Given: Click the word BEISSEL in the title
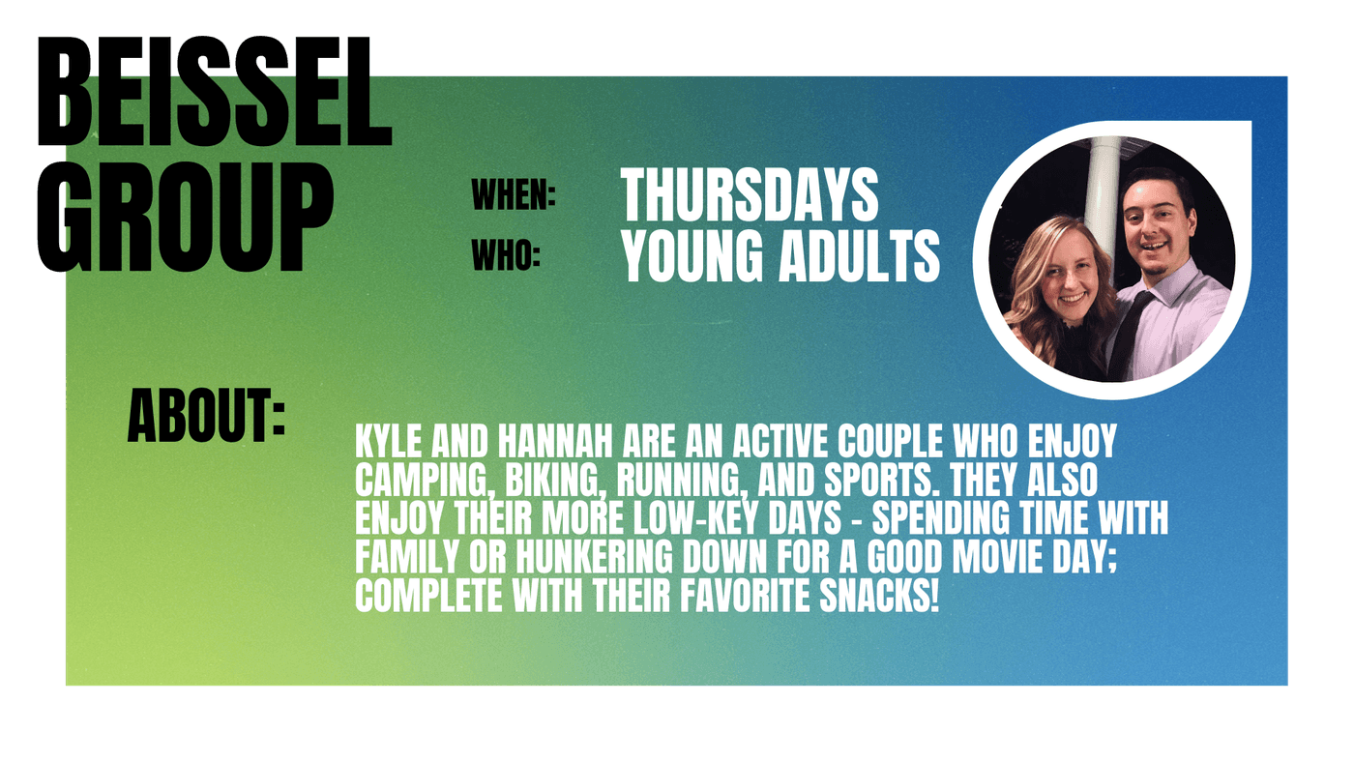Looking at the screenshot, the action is (x=215, y=91).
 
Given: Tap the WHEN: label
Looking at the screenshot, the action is (x=514, y=195).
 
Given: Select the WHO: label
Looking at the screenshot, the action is (x=505, y=254).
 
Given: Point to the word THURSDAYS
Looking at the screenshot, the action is (x=751, y=194).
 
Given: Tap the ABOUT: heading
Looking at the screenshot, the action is (x=206, y=416).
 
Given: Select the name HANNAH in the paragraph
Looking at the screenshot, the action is (x=555, y=441).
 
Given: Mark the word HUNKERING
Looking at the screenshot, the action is (x=594, y=557).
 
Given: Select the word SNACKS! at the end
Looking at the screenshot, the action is (x=879, y=596).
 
